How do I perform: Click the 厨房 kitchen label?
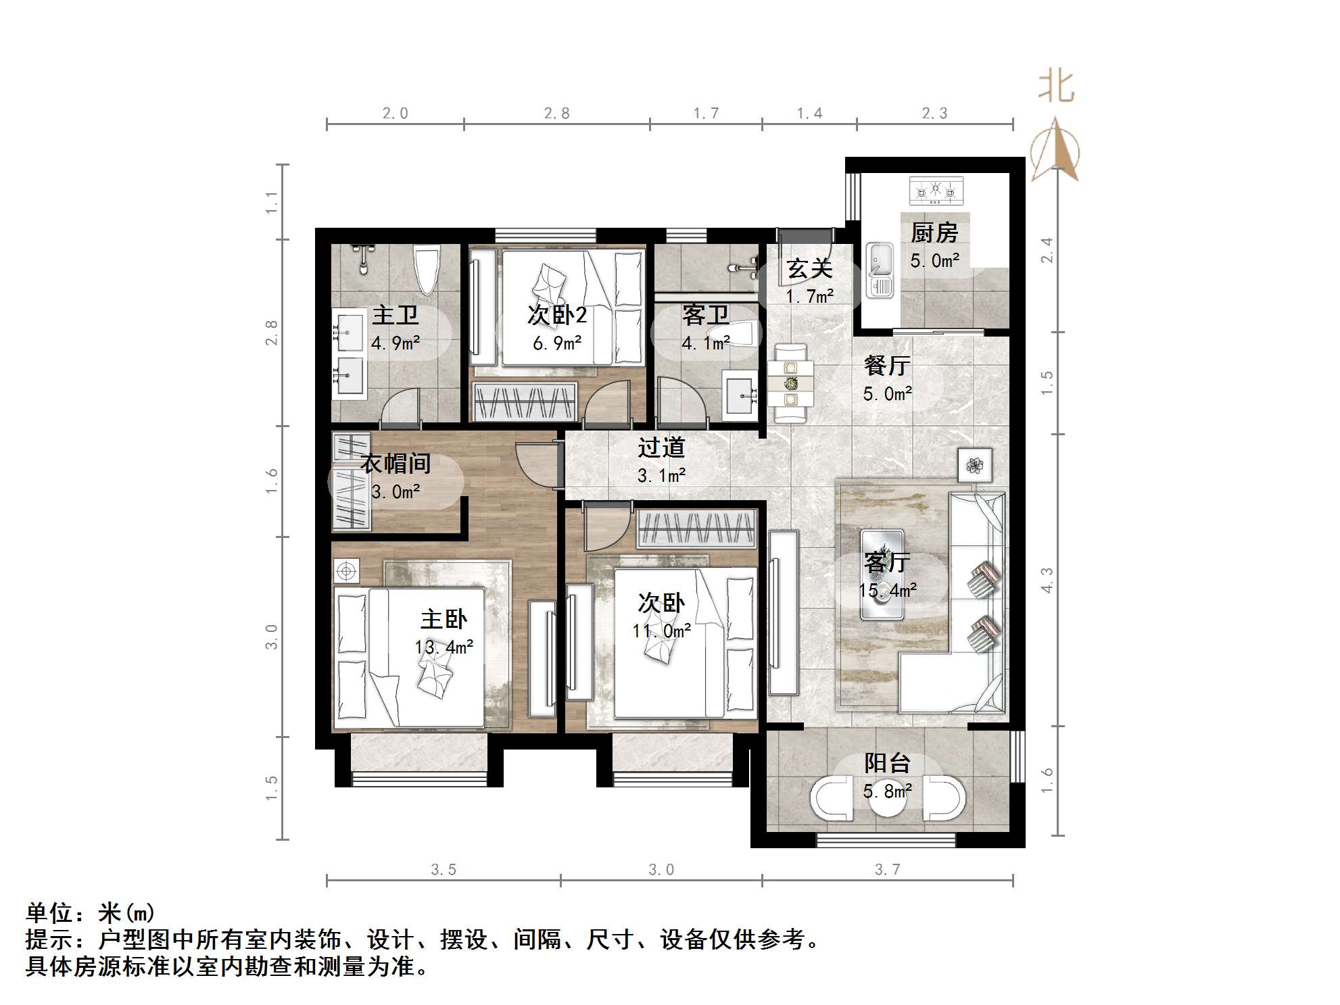click(934, 232)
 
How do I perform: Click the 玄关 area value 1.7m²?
click(809, 296)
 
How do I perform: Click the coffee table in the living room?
click(882, 574)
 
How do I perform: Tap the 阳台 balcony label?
click(887, 763)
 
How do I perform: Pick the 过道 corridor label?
click(661, 447)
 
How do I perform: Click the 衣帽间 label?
click(396, 464)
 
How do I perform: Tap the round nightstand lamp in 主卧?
click(346, 572)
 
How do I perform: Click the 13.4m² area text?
click(444, 647)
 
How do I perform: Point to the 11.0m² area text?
click(661, 631)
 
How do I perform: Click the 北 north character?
click(1056, 88)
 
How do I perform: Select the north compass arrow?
click(1055, 150)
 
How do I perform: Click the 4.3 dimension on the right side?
click(1047, 580)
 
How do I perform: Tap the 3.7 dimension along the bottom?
click(887, 870)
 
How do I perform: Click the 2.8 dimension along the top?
click(556, 114)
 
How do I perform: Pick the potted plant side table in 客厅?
click(974, 465)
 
